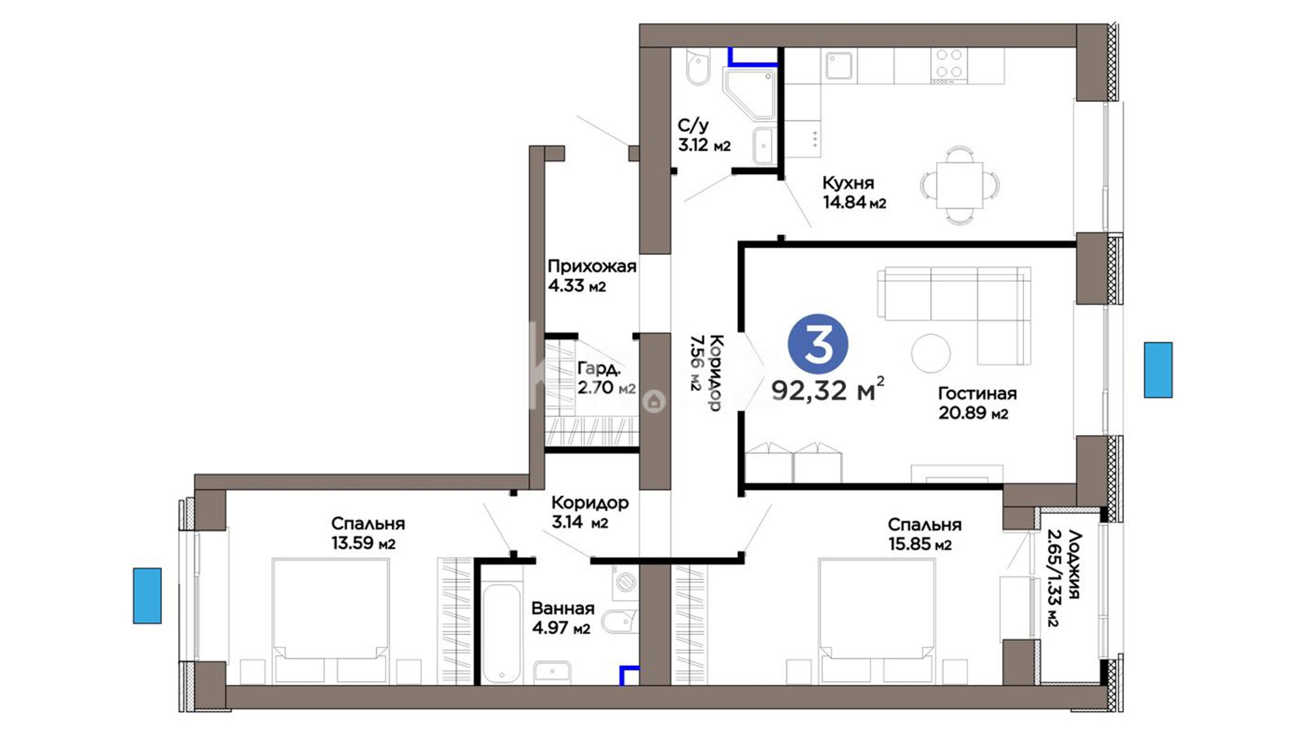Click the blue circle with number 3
(x=818, y=344)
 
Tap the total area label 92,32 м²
(x=828, y=389)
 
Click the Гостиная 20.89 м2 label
(x=977, y=403)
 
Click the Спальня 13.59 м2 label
(x=368, y=534)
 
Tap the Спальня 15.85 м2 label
(x=924, y=534)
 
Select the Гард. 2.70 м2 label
(x=606, y=378)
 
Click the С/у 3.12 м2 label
(x=704, y=135)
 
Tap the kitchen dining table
(x=959, y=185)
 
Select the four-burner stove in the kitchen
(x=950, y=65)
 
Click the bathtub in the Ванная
(x=502, y=633)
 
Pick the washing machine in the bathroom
(x=625, y=583)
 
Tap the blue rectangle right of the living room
(x=1158, y=370)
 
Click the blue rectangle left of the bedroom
(x=147, y=595)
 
